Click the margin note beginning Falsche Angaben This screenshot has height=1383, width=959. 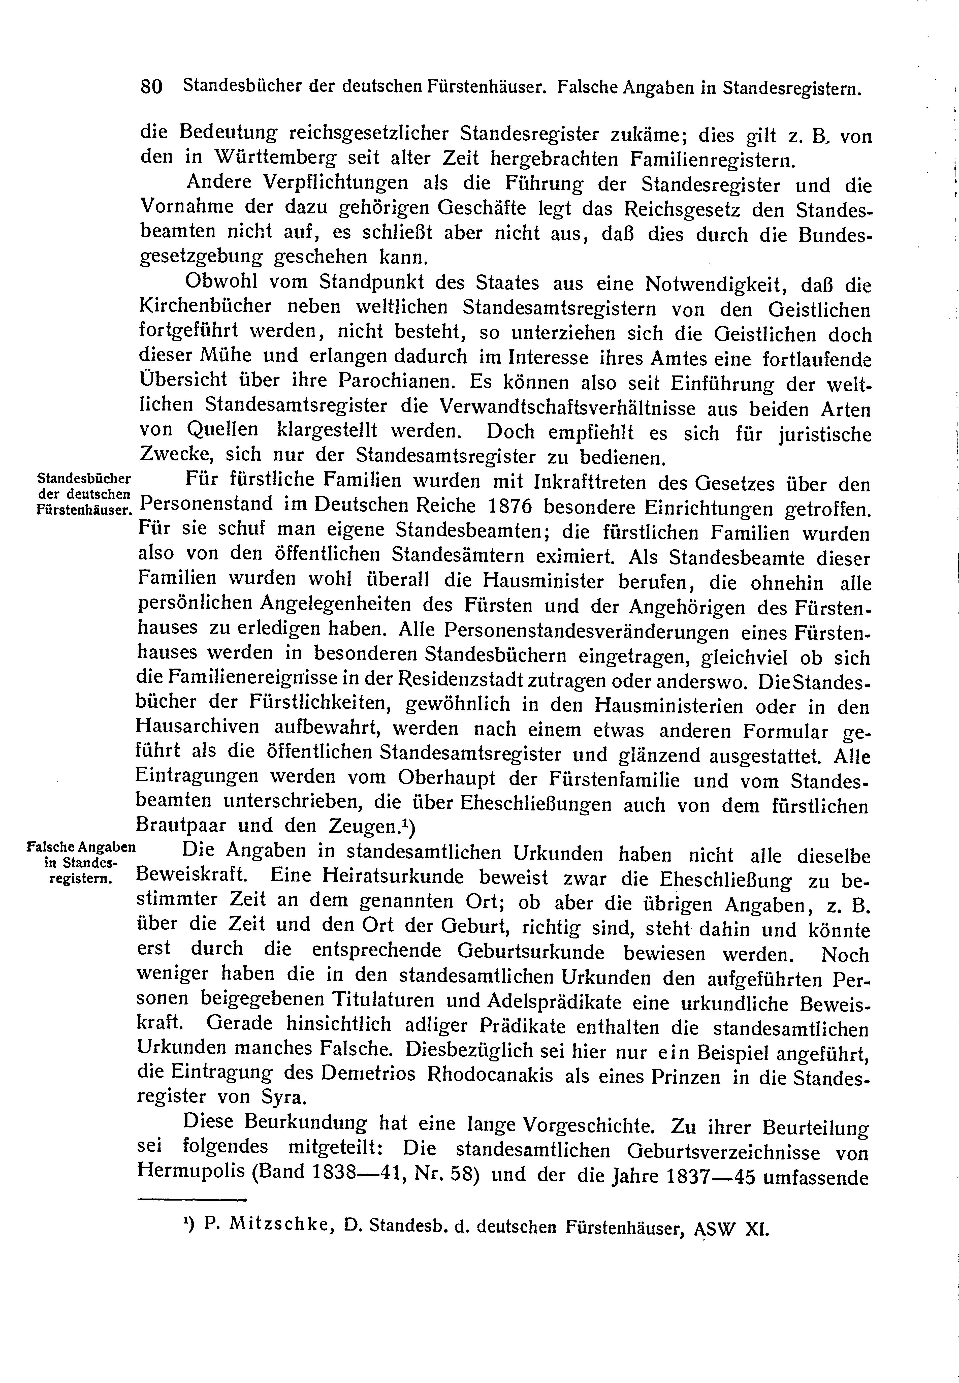pos(82,862)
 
